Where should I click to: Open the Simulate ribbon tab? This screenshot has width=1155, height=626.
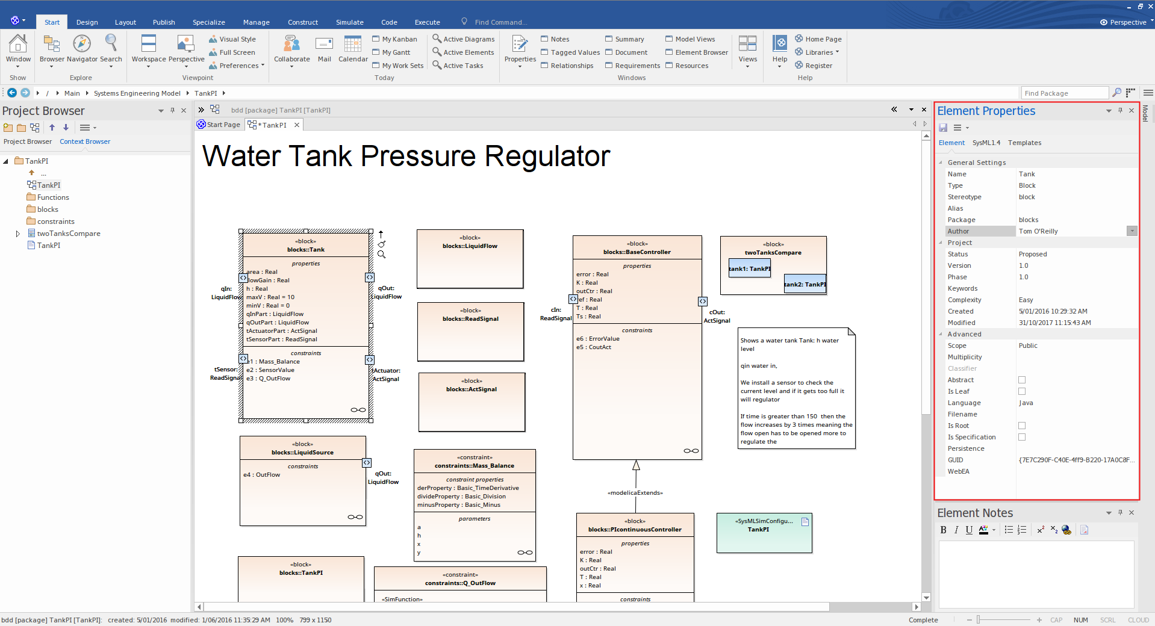349,22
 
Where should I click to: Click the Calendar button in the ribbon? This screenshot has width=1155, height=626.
353,49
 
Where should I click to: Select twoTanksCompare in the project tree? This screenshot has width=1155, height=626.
68,234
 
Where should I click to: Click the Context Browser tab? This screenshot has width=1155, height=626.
85,141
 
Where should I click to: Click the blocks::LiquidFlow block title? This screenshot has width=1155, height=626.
470,246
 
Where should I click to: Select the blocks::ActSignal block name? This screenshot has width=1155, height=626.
472,389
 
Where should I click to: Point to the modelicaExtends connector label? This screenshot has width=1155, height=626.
635,493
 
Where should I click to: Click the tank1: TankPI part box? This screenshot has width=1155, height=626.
750,269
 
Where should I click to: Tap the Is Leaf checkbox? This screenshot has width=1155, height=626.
1022,391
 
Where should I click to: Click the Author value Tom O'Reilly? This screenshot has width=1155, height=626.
1038,231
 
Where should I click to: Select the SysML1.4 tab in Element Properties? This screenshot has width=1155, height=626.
986,143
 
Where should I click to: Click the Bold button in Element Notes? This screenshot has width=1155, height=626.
943,530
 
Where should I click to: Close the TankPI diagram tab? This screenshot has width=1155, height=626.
297,125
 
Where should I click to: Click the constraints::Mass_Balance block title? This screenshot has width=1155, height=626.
475,466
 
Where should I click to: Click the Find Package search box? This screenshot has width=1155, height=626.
1065,93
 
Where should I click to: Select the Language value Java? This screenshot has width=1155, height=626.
1026,403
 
